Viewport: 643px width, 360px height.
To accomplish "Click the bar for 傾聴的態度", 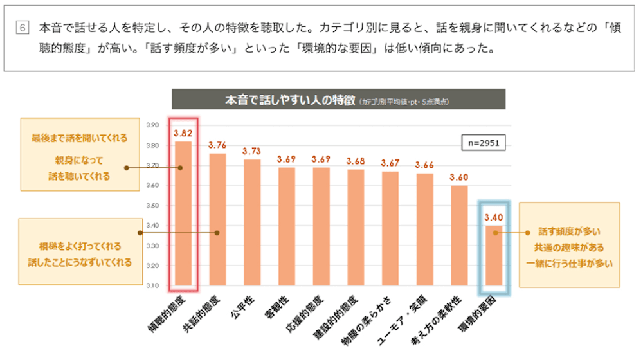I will tap(183, 212).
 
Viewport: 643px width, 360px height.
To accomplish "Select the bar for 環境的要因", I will tap(493, 255).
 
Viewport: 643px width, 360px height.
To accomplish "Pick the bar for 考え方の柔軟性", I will tap(459, 235).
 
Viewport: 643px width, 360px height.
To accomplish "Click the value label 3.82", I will tap(183, 134).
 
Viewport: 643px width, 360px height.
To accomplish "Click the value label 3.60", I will tap(459, 177).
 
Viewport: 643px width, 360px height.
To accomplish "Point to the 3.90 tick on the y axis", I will tap(152, 125).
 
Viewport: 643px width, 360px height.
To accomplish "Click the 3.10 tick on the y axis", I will tap(152, 285).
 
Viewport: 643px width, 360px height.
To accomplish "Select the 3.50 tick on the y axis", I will tap(152, 205).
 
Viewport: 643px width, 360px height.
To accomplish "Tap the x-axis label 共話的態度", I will tap(203, 312).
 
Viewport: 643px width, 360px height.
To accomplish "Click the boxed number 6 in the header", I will tap(24, 28).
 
